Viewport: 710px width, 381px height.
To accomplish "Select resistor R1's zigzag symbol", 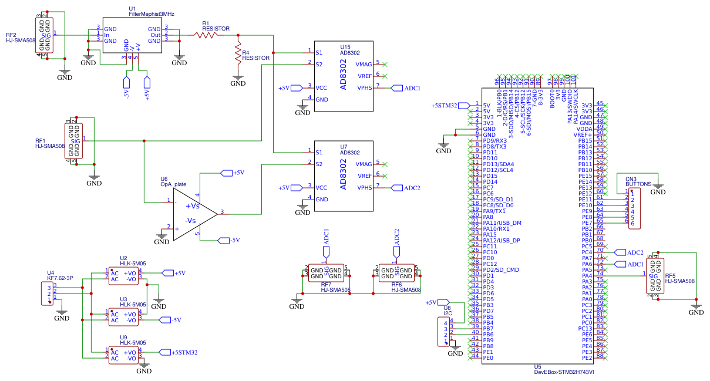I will pos(207,35).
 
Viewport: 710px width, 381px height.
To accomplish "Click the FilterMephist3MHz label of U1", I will pos(152,13).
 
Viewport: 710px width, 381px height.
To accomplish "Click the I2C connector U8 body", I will pos(442,332).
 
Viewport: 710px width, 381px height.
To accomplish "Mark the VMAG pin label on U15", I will pos(364,64).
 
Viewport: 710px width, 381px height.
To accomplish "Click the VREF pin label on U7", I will pos(364,176).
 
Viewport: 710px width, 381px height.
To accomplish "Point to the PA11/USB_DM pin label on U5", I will pos(502,222).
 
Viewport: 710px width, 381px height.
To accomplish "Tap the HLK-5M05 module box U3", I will pos(124,317).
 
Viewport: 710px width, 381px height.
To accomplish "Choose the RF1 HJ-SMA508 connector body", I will pos(75,141).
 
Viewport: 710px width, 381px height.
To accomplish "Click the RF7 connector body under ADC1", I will pos(326,273).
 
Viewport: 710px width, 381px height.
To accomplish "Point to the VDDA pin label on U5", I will pos(584,129).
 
